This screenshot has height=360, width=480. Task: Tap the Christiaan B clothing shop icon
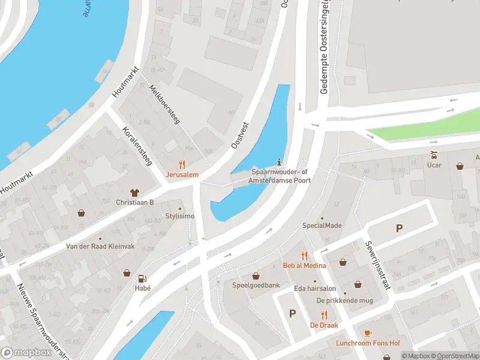134,193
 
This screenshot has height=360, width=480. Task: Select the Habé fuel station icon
142,278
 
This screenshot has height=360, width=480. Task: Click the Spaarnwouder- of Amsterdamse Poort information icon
280,161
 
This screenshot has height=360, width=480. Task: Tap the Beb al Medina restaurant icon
304,255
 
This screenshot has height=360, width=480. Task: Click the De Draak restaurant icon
324,315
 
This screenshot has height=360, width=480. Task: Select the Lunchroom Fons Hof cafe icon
368,333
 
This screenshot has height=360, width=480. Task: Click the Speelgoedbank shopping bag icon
256,276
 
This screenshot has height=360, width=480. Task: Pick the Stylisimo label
180,216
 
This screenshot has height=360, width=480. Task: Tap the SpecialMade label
322,226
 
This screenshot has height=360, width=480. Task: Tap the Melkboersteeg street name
164,104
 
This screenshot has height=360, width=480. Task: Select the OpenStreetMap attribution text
458,356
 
